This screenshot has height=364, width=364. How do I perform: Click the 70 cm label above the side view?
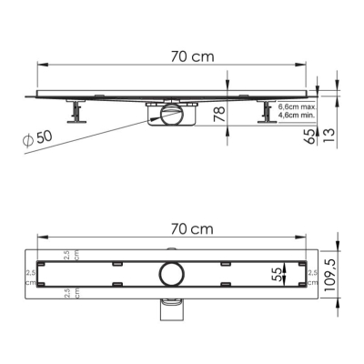tap(192, 56)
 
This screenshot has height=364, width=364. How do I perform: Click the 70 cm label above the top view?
tap(192, 229)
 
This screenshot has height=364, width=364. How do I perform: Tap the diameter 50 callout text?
tap(37, 139)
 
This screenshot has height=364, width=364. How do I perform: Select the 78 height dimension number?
tap(219, 114)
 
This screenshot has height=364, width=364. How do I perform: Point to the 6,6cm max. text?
tap(298, 107)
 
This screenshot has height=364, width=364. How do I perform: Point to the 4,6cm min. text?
tap(297, 116)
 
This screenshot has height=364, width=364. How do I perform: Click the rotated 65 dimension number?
tap(310, 136)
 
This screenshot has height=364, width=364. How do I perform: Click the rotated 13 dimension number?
tap(329, 136)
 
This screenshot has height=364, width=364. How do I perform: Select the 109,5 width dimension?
tap(330, 276)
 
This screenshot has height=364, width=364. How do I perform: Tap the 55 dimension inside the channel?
tap(277, 274)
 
